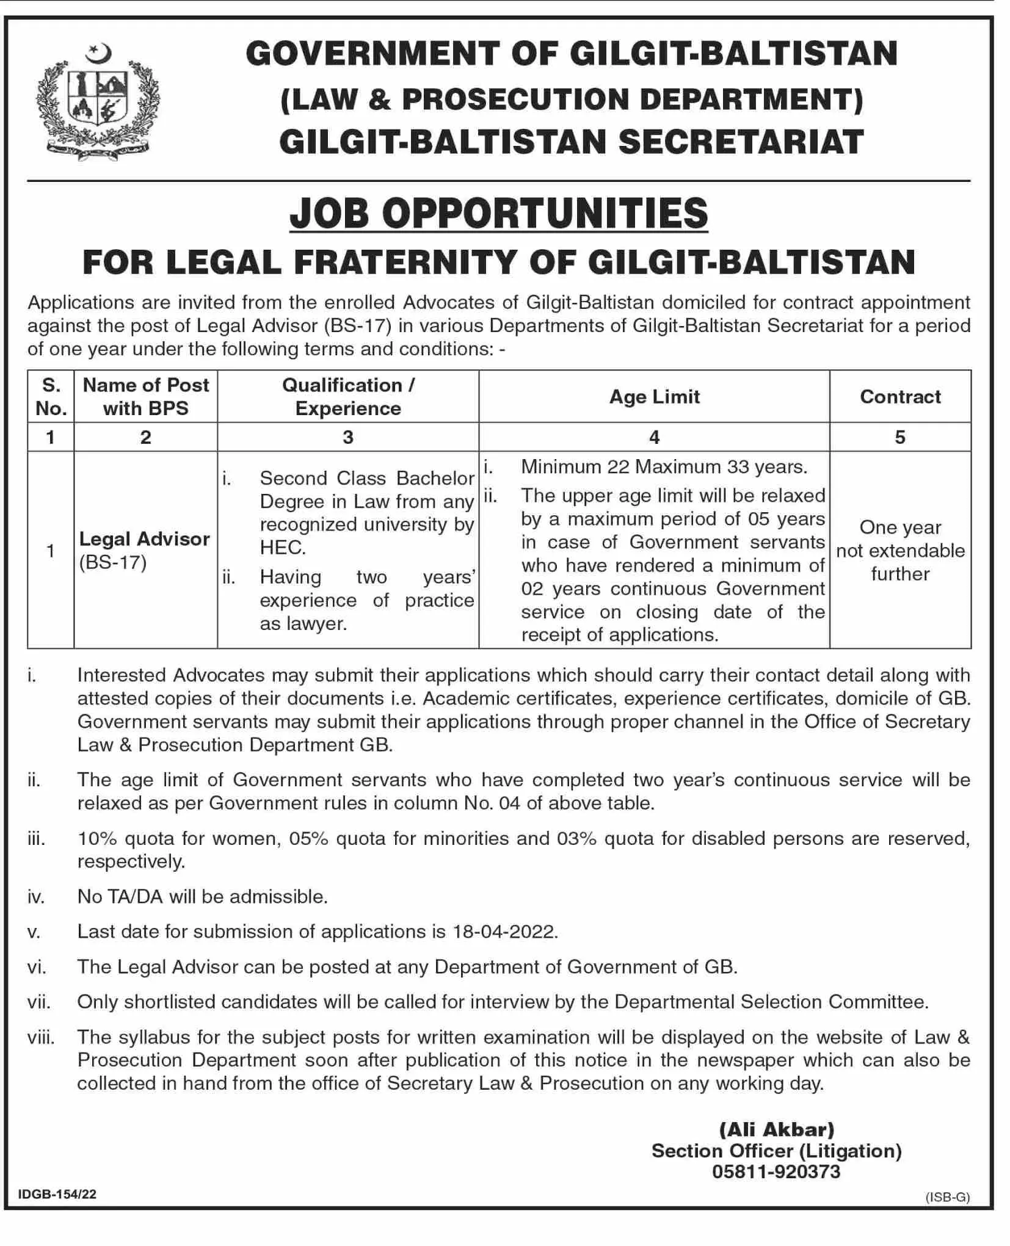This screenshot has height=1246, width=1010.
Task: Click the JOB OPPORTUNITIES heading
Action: [498, 213]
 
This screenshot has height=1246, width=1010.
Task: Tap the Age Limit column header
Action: [654, 397]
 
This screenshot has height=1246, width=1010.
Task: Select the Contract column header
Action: [900, 397]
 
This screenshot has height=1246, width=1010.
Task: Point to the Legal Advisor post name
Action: [144, 539]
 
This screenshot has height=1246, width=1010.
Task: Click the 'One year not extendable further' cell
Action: [900, 551]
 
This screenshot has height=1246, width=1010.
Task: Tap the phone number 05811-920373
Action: [776, 1172]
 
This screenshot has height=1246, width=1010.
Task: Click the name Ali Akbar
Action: [776, 1129]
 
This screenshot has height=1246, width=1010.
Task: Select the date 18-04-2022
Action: [504, 932]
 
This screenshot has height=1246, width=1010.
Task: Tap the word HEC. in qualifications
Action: [283, 548]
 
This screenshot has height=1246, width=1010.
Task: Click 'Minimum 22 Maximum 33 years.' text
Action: [664, 467]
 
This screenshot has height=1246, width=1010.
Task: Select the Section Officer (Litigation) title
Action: [776, 1151]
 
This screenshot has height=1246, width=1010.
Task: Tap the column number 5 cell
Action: [900, 437]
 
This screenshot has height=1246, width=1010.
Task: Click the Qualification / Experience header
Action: [348, 397]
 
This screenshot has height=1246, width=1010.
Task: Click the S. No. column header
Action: [51, 397]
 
